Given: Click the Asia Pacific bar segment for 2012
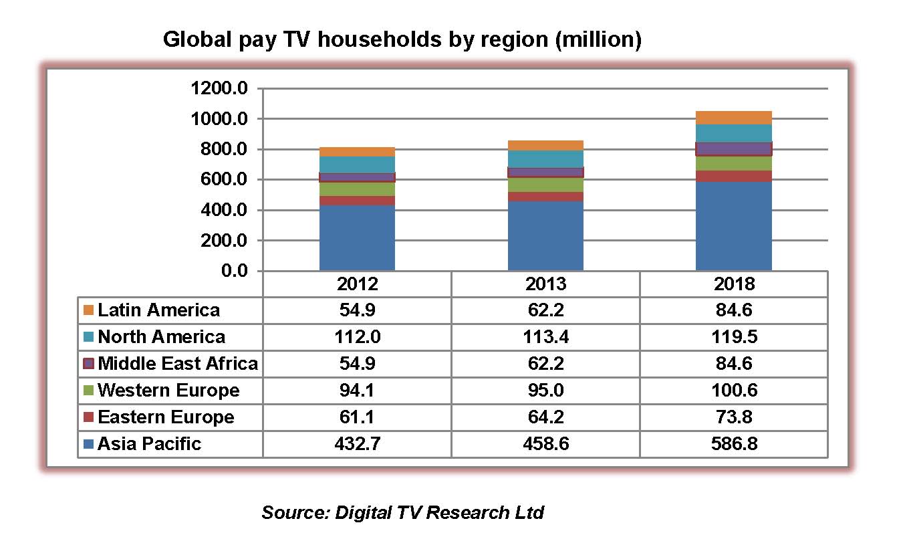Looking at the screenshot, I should point(357,237).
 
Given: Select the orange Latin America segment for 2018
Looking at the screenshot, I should point(733,118).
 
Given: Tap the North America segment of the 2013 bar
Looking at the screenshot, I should point(545,159).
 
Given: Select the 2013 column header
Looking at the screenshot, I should point(545,284).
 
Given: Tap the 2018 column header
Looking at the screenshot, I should point(733,284).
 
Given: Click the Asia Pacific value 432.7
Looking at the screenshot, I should point(357,444).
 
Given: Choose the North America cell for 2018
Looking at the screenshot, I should point(733,337).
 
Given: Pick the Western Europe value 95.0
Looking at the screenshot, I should point(545,391).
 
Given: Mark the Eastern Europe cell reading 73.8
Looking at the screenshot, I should point(733,417).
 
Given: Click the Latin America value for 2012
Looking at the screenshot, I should point(357,310).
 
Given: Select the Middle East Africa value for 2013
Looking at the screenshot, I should point(545,364).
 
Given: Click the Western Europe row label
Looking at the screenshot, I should point(168,391).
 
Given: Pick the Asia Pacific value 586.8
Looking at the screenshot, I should point(733,444).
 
